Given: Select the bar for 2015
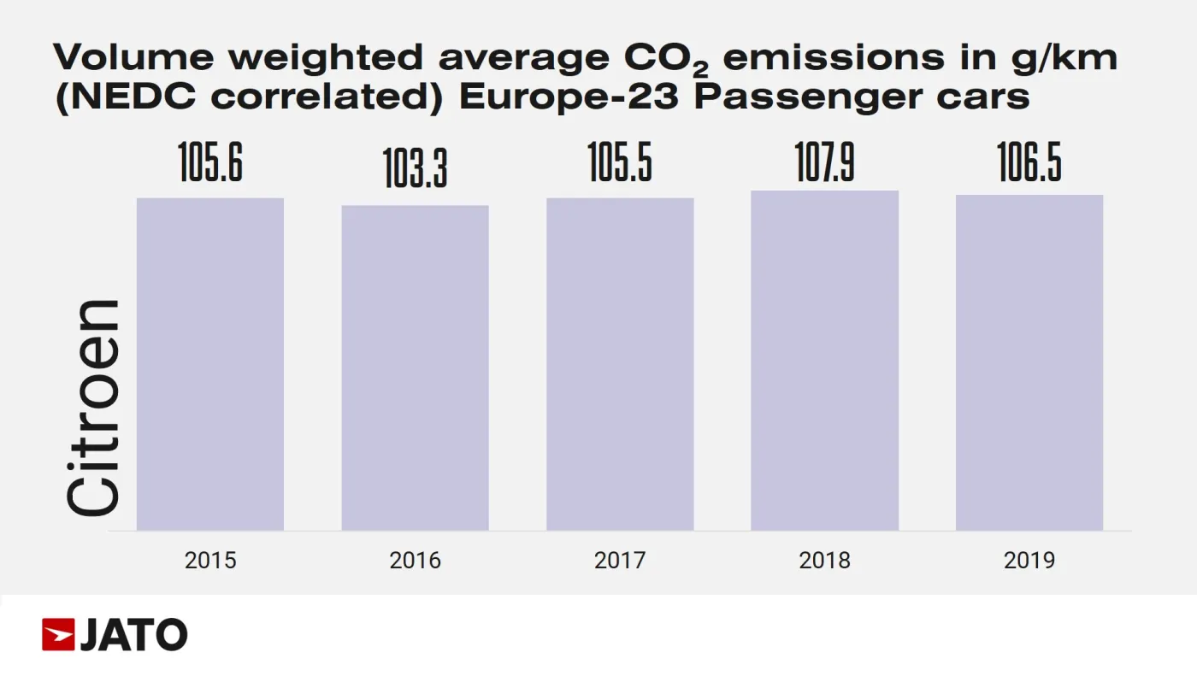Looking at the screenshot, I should (x=210, y=364).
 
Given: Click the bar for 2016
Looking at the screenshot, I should (x=416, y=367).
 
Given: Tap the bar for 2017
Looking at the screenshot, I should (x=620, y=364).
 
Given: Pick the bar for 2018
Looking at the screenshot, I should (x=824, y=360).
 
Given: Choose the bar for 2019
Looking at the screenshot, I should (x=1029, y=362).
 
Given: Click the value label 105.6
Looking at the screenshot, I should (x=210, y=162).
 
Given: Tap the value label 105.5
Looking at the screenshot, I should (x=620, y=162).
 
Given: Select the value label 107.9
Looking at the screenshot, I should (x=824, y=162).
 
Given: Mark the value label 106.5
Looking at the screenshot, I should (x=1029, y=162).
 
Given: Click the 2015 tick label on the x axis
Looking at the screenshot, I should (x=210, y=561).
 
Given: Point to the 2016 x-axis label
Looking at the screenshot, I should (x=416, y=561).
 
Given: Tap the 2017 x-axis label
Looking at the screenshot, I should (x=620, y=561).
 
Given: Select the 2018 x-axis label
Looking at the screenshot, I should (x=824, y=561).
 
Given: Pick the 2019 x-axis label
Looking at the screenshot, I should (x=1029, y=561).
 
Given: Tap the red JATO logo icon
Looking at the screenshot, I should (x=58, y=635).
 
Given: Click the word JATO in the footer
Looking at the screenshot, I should (x=133, y=635).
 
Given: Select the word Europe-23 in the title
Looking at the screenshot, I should (x=569, y=97).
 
